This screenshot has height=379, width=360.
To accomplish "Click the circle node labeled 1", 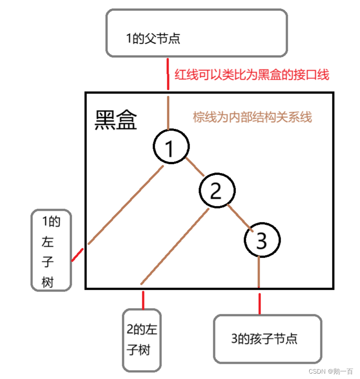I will [x=171, y=147].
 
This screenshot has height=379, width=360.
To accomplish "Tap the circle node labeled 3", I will [x=262, y=240].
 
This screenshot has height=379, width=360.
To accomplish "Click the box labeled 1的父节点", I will [x=196, y=33].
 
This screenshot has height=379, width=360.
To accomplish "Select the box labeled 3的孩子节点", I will [x=267, y=338].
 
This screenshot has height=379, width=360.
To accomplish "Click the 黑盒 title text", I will [x=116, y=120].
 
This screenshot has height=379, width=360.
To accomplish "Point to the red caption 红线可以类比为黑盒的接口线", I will [x=252, y=74].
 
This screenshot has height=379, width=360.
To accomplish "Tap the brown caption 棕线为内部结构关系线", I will [x=252, y=117].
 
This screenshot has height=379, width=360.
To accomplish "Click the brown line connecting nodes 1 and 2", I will [x=194, y=166].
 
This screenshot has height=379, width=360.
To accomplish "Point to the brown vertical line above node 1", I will [x=169, y=112].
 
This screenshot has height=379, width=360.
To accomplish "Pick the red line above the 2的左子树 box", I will [x=143, y=300].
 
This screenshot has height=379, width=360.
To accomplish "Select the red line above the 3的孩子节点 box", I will [x=259, y=303].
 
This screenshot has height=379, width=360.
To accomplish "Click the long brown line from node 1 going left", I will [x=125, y=205].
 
